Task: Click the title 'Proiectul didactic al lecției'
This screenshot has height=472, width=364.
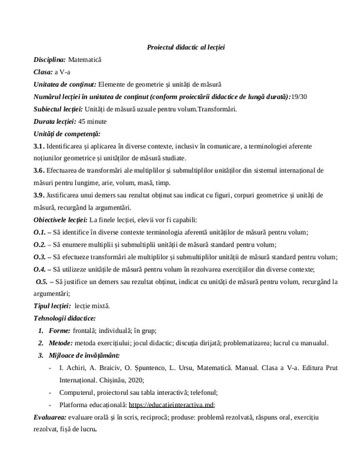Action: (x=182, y=47)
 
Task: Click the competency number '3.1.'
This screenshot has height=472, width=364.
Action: (x=41, y=146)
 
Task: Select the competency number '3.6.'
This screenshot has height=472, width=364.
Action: (x=41, y=171)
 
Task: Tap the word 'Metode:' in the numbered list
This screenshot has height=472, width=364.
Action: (x=61, y=343)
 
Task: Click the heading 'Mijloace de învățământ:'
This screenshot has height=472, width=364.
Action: (x=84, y=355)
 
